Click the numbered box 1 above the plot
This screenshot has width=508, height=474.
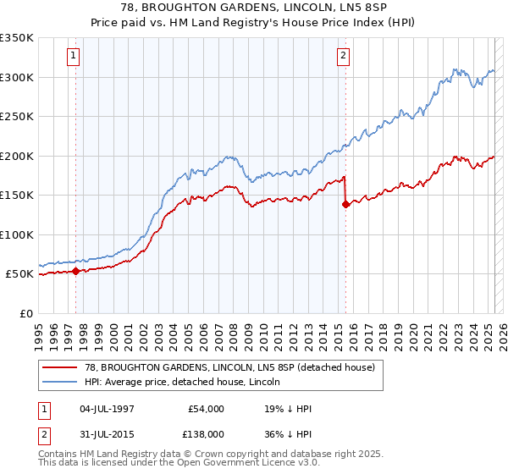pos(74,57)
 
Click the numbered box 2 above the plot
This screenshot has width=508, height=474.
pos(343,57)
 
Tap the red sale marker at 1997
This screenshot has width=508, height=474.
pos(75,272)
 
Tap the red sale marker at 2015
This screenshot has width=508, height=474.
pos(345,204)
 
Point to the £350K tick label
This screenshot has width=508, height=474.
pos(17,38)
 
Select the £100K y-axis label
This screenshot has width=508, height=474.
pos(17,234)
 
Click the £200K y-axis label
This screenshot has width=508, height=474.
pos(17,156)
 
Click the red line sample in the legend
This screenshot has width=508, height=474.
pos(59,367)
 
